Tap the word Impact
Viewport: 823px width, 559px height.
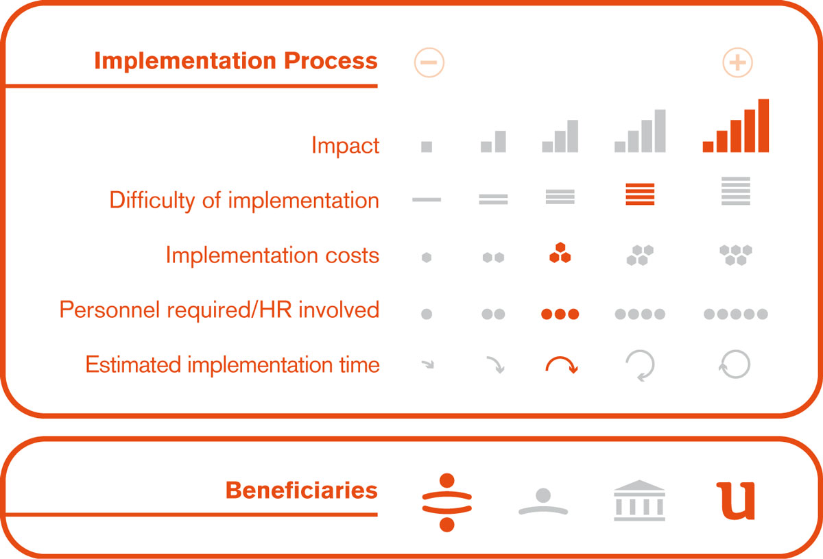click(345, 146)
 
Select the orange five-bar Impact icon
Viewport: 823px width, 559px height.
click(735, 125)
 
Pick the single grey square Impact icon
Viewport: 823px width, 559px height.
click(427, 147)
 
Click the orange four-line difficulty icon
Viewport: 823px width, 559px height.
click(640, 194)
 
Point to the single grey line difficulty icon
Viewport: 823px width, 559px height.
click(427, 199)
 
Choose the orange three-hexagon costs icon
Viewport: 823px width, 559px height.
click(560, 253)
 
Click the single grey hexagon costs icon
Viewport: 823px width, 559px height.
click(427, 258)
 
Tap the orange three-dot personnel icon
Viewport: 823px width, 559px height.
click(560, 314)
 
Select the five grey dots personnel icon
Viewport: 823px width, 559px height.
click(735, 314)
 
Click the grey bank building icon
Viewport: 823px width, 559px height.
click(639, 500)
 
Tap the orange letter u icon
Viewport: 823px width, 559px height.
click(735, 501)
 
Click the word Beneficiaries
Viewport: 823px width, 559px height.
click(301, 490)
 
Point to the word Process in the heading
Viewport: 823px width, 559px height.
click(331, 61)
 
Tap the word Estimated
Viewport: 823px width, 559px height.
click(133, 364)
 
